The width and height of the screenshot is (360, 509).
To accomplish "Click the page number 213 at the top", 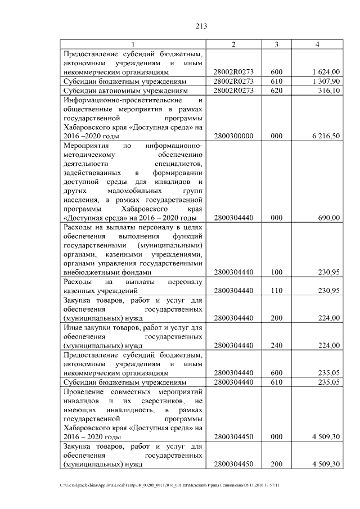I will pos(179,25).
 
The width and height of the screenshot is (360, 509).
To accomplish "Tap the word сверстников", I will pos(160,400).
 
